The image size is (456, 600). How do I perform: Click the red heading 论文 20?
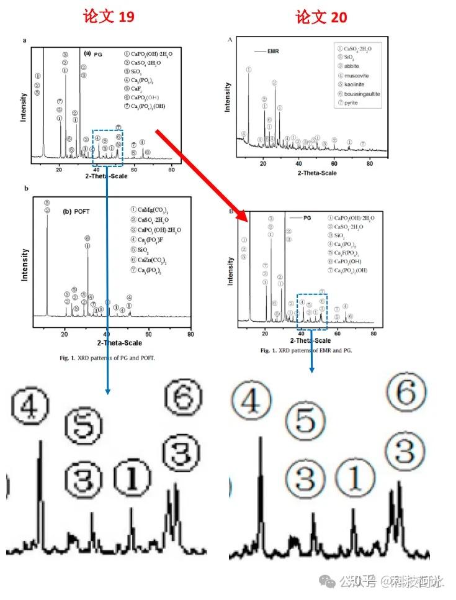[x=321, y=16]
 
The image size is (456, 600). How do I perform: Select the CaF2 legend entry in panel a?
[x=137, y=89]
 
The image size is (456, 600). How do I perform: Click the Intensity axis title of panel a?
[x=23, y=107]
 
